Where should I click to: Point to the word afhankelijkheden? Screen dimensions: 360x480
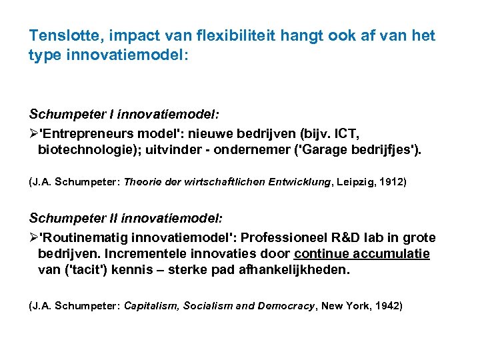click(x=297, y=271)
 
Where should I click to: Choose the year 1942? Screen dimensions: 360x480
click(x=388, y=305)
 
